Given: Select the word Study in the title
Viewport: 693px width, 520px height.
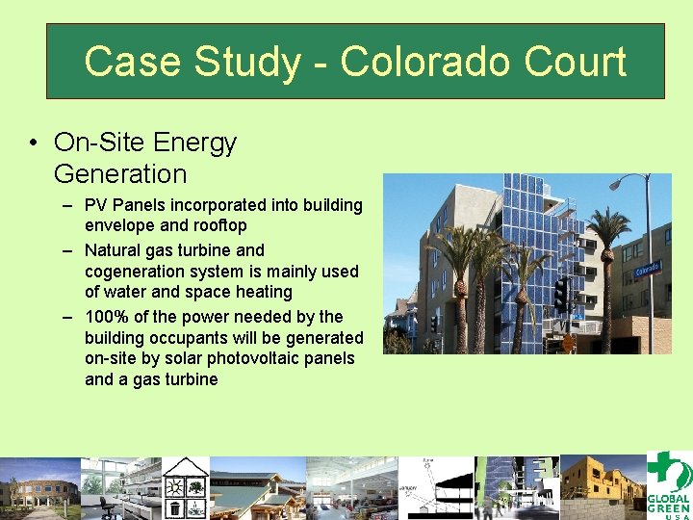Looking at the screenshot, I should click(x=245, y=62).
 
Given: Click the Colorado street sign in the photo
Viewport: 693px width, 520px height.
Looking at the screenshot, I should click(x=648, y=269).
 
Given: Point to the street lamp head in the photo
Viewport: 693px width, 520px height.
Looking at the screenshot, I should click(x=616, y=180).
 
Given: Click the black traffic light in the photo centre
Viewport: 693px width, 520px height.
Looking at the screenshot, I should click(x=560, y=293).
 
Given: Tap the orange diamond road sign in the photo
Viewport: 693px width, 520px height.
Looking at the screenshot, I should click(x=568, y=340).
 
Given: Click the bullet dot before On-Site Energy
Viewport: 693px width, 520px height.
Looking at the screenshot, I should click(x=34, y=143).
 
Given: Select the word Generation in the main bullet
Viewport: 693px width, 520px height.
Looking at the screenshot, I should click(x=120, y=174).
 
